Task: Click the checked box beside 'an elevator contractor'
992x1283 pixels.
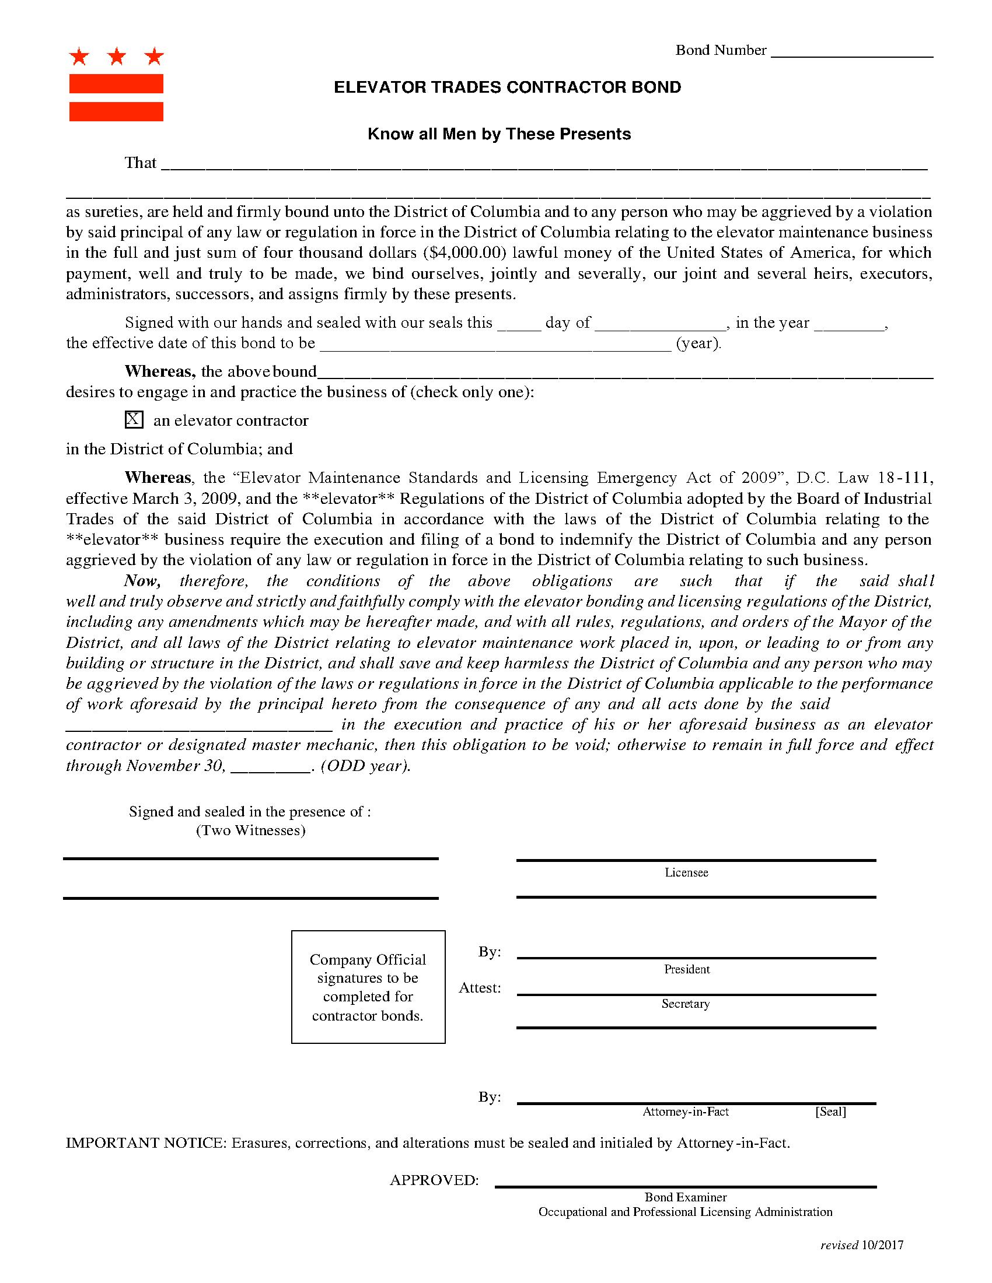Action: pyautogui.click(x=134, y=419)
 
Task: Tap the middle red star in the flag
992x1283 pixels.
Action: pyautogui.click(x=117, y=57)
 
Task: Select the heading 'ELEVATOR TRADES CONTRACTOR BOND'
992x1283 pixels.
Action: pyautogui.click(x=507, y=87)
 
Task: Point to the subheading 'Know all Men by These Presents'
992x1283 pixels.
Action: pyautogui.click(x=499, y=134)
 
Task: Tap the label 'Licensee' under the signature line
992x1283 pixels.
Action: pyautogui.click(x=686, y=872)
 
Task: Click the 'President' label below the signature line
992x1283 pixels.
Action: pyautogui.click(x=686, y=969)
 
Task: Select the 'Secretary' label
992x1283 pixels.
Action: pyautogui.click(x=685, y=1004)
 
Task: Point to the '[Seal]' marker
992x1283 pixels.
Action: pyautogui.click(x=830, y=1112)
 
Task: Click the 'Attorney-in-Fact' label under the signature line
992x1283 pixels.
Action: pyautogui.click(x=685, y=1112)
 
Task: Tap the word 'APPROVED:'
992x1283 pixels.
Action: pyautogui.click(x=434, y=1180)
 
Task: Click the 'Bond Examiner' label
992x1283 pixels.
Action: pyautogui.click(x=685, y=1197)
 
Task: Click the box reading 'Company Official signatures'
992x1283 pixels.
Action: pyautogui.click(x=368, y=987)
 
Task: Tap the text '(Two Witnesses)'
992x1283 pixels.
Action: pyautogui.click(x=250, y=830)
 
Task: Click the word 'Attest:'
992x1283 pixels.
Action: pyautogui.click(x=480, y=988)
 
